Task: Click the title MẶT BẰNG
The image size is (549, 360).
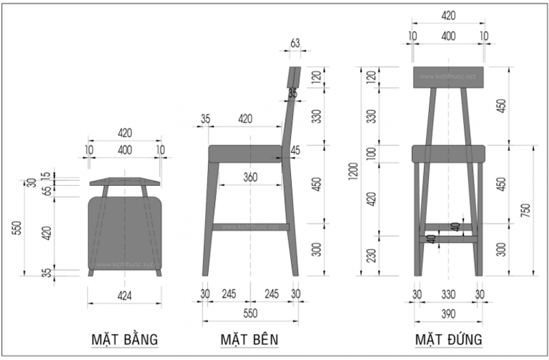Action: [125, 339]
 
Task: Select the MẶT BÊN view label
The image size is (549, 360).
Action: [250, 339]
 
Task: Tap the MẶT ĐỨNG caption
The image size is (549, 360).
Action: [447, 339]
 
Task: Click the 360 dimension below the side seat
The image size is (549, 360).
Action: [250, 178]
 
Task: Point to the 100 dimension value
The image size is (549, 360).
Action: [372, 154]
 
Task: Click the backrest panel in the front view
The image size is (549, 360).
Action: [449, 77]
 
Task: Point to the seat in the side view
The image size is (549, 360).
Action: [246, 153]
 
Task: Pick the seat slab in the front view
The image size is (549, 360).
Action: [449, 153]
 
